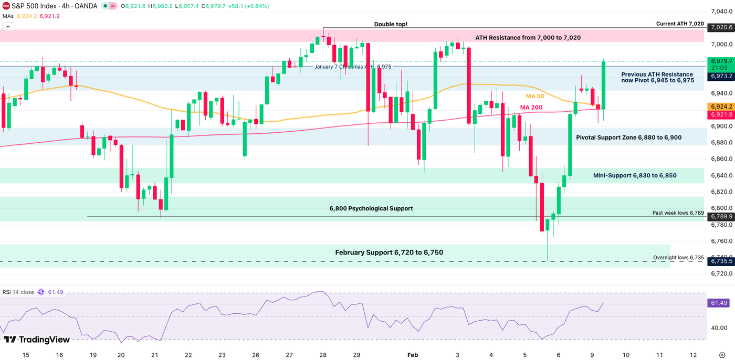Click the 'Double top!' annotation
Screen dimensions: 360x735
click(391, 24)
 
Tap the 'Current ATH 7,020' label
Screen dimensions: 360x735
click(680, 24)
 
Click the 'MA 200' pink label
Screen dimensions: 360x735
click(531, 108)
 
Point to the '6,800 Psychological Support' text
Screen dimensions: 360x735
click(371, 208)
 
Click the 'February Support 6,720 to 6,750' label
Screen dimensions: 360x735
click(389, 252)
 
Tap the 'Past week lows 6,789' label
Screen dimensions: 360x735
click(678, 213)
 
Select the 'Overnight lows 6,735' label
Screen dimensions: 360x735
click(678, 258)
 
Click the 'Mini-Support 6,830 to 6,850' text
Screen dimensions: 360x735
click(635, 175)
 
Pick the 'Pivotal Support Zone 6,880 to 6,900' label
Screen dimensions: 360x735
click(628, 137)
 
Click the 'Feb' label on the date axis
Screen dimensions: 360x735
click(413, 355)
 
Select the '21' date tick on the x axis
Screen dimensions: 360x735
click(155, 355)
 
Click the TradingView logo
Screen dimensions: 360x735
click(37, 340)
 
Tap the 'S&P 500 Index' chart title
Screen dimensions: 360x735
click(33, 6)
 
